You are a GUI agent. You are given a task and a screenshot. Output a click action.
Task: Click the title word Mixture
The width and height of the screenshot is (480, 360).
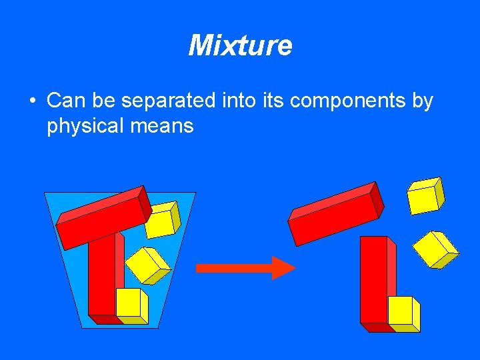coord(240,45)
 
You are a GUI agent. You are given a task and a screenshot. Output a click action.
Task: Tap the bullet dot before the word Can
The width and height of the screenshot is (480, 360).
coord(32,102)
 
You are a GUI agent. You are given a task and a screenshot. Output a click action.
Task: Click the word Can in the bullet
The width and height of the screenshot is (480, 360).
coord(65,101)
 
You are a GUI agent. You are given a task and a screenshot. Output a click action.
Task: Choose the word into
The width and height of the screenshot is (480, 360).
coord(237,101)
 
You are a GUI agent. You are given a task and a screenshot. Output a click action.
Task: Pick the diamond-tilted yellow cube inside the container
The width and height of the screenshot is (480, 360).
coord(147,265)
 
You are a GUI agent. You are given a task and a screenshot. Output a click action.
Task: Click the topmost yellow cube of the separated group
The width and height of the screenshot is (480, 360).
coord(424,196)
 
